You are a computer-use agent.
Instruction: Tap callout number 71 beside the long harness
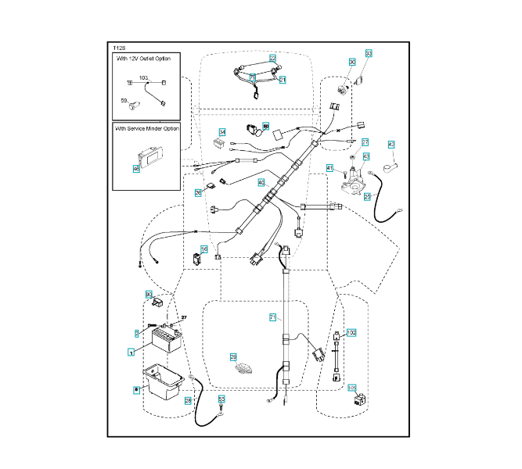tap(273, 317)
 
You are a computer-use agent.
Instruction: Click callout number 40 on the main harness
tap(261, 182)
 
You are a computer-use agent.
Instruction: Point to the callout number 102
tap(351, 332)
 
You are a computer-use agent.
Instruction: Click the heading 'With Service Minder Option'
tap(147, 128)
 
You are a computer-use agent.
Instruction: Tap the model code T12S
tap(120, 48)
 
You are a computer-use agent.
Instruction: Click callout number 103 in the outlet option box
tap(144, 78)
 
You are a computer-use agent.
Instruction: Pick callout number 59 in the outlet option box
tap(124, 100)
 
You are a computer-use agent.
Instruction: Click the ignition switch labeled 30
tap(343, 88)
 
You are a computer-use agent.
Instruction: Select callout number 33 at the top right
tap(369, 54)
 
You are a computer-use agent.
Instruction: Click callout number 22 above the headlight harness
tap(272, 58)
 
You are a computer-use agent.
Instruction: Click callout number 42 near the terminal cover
tap(391, 144)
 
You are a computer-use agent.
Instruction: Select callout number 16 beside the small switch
tap(205, 249)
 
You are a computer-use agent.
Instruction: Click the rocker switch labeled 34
tap(220, 145)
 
